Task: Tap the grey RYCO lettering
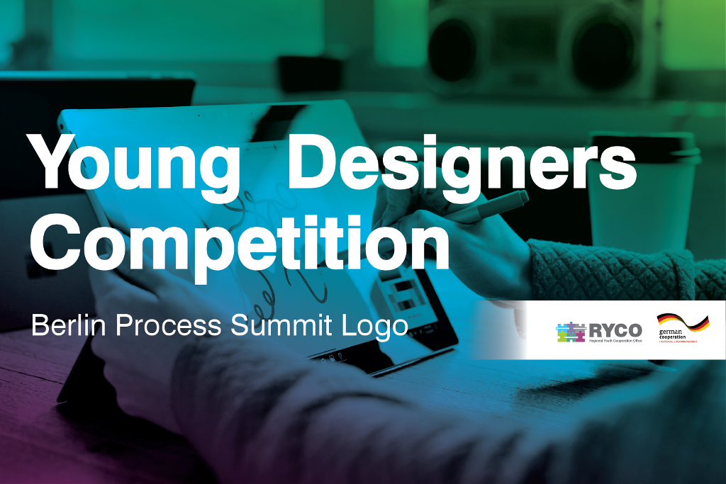[615, 329]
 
